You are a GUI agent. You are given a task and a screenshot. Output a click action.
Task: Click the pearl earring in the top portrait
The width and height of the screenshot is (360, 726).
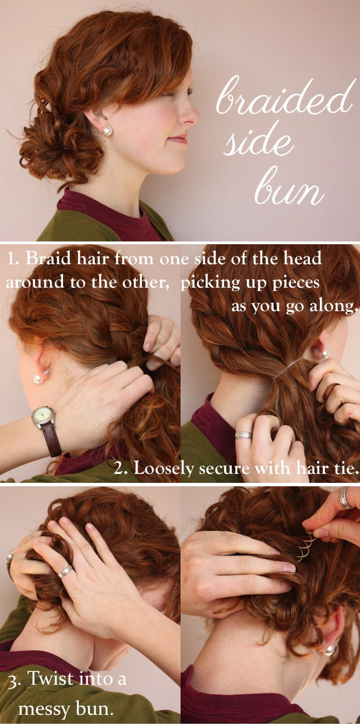pyautogui.click(x=107, y=131)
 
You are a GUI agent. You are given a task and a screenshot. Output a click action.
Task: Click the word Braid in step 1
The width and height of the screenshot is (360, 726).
pyautogui.click(x=48, y=259)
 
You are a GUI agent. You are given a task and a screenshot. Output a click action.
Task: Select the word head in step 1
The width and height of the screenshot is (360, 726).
pyautogui.click(x=303, y=259)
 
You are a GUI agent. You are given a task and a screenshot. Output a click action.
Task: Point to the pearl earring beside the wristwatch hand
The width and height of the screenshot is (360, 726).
pyautogui.click(x=38, y=378)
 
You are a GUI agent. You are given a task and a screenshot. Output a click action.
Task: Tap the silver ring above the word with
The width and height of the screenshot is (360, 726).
pyautogui.click(x=244, y=435)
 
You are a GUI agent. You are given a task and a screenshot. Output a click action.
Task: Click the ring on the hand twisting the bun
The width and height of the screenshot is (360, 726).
pyautogui.click(x=65, y=572)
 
